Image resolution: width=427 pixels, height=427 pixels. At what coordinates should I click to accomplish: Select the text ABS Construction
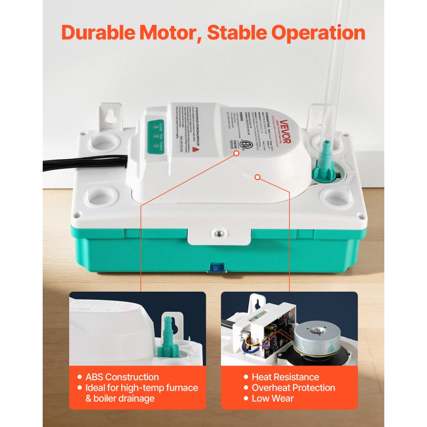[x=122, y=377]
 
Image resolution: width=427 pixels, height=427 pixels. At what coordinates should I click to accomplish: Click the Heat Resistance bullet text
[x=285, y=377]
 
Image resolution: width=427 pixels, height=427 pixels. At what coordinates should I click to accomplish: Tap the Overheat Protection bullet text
[x=293, y=388]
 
